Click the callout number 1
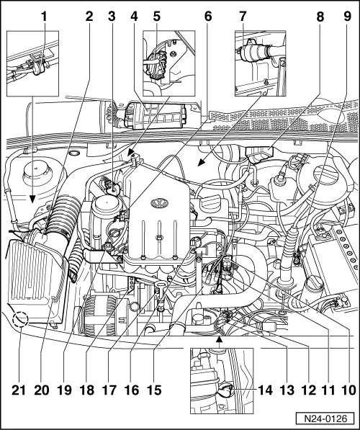[44, 17]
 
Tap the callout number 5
[156, 17]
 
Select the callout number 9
[347, 17]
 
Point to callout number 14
[265, 390]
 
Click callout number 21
[19, 390]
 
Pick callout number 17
[109, 390]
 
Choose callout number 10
[349, 390]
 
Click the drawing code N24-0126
[325, 418]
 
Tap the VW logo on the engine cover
[159, 203]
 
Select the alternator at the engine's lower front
[100, 315]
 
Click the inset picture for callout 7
[261, 63]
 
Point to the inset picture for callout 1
[32, 63]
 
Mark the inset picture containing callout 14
[222, 380]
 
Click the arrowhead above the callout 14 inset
[219, 340]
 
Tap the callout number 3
[112, 17]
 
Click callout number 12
[310, 390]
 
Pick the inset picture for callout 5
[169, 63]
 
